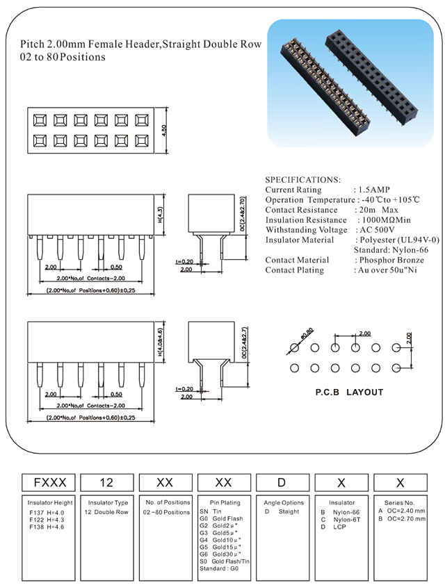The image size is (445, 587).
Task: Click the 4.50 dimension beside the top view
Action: [x=163, y=131]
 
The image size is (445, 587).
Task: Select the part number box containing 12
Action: [x=107, y=481]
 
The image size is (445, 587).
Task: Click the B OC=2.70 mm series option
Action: [x=402, y=519]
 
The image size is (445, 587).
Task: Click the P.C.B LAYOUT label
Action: [x=349, y=392]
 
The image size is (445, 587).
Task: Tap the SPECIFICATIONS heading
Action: [x=302, y=179]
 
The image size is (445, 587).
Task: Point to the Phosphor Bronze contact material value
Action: [x=389, y=260]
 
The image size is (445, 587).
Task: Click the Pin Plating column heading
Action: [x=224, y=502]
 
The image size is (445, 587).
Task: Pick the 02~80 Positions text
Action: [x=166, y=512]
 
